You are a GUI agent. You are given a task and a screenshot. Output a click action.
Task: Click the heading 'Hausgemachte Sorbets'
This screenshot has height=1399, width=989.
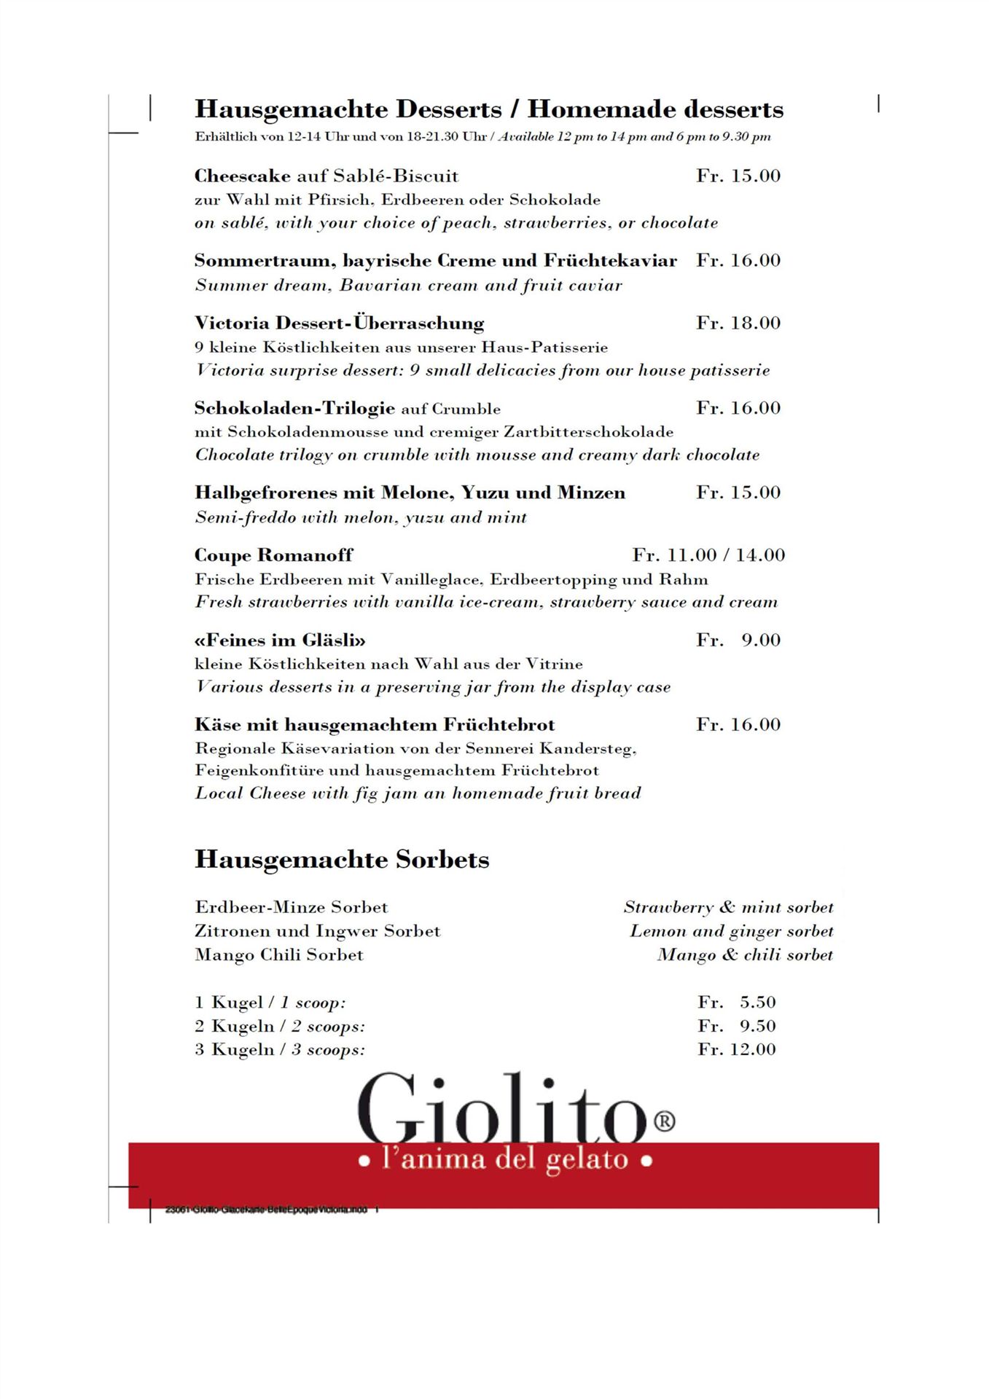[341, 860]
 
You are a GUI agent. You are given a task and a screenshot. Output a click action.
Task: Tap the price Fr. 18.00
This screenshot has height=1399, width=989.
[738, 324]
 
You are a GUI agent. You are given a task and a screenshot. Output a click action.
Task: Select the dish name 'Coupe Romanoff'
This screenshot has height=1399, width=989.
[273, 555]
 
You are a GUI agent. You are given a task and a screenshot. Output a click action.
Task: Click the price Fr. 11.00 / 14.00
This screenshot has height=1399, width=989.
[708, 555]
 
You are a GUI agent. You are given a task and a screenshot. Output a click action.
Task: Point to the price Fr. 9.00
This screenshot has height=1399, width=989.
[738, 640]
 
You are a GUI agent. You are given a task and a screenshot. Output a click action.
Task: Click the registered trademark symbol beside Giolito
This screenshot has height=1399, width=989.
[665, 1121]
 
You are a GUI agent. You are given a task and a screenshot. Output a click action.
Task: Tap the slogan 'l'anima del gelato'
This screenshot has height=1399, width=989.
[505, 1159]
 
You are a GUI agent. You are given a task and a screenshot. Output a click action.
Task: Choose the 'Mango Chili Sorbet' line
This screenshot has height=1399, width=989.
[278, 955]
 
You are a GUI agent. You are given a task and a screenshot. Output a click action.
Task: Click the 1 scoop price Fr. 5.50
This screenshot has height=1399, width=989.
[736, 1003]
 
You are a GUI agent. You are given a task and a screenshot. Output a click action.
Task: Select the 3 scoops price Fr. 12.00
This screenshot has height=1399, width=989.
[736, 1050]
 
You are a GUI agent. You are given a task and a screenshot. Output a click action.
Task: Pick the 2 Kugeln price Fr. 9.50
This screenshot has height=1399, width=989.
[736, 1026]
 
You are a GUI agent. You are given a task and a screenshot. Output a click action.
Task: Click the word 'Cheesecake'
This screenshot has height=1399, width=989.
[242, 176]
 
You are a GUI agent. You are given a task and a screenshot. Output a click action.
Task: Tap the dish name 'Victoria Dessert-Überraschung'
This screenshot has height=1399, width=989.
[339, 324]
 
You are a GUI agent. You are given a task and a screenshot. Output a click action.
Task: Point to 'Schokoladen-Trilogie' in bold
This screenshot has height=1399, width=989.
[294, 408]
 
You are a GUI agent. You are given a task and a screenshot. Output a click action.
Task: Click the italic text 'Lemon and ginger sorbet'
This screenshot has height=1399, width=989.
[731, 931]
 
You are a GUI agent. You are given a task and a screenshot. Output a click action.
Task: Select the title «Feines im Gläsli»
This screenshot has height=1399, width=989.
[280, 640]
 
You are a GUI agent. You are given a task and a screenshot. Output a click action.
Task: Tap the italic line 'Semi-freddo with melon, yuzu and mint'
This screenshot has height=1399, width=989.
[360, 517]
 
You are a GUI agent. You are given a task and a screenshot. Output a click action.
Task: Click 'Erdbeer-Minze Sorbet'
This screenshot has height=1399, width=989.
[291, 908]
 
